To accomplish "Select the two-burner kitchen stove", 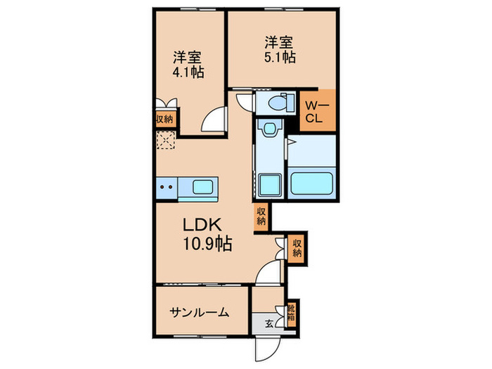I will coord(167,188).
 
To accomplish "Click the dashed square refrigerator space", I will coord(166,141).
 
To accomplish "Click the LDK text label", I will coord(203,226).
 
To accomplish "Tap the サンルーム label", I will coord(199,313).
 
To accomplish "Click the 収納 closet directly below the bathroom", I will coord(261,216).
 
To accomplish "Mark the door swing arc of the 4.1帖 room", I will coord(212,122).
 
